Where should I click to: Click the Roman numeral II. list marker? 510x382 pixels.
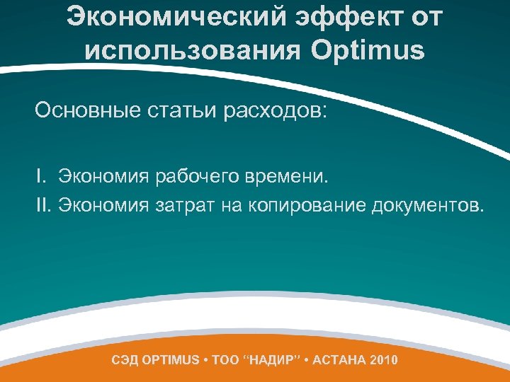click(45, 205)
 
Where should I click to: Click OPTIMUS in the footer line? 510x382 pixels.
click(171, 360)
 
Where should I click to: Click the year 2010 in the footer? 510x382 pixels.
click(384, 360)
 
